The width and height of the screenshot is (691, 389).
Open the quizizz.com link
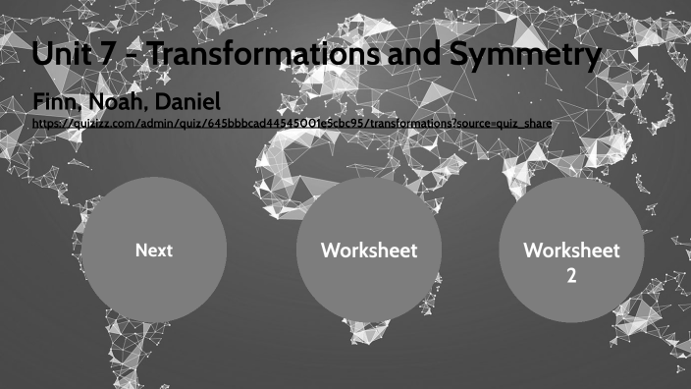coord(292,124)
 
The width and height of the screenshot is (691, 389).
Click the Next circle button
coord(154,250)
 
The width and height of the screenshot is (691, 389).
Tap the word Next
coord(154,250)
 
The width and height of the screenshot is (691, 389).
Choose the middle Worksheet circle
coord(369,250)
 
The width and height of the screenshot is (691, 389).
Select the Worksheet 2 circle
coord(571,250)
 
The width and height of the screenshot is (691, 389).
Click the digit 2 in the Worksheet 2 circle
coord(571,275)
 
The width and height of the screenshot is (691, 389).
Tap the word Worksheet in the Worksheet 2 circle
coord(571,250)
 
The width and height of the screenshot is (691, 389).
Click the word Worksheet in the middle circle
coord(369,250)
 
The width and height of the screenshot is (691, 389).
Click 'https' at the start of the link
coord(45,124)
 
